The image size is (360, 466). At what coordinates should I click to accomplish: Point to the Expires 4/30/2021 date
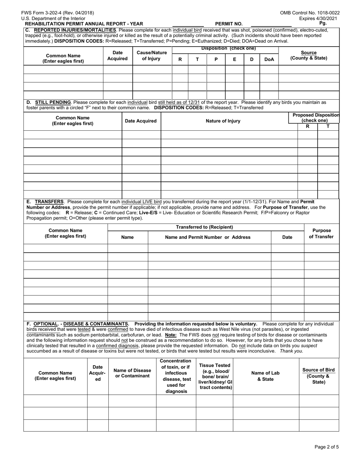pyautogui.click(x=319, y=18)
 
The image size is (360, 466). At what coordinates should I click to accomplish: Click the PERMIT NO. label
pyautogui.click(x=229, y=23)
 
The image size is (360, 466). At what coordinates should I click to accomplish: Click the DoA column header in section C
pyautogui.click(x=269, y=59)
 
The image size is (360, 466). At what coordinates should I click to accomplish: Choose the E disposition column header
pyautogui.click(x=235, y=59)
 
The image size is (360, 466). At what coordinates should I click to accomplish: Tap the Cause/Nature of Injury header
pyautogui.click(x=151, y=56)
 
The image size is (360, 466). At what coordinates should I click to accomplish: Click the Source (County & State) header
pyautogui.click(x=308, y=55)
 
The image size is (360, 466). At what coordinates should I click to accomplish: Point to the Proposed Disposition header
pyautogui.click(x=316, y=117)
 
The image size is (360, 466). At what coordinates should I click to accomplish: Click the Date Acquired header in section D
pyautogui.click(x=141, y=121)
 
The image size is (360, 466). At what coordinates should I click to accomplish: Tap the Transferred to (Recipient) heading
pyautogui.click(x=204, y=227)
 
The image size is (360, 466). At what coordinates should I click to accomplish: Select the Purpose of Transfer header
pyautogui.click(x=321, y=233)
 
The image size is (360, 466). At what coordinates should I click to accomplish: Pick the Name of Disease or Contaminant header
pyautogui.click(x=132, y=373)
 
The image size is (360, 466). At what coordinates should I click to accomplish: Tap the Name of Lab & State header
pyautogui.click(x=265, y=376)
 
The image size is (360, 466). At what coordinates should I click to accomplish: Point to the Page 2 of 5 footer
pyautogui.click(x=327, y=447)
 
